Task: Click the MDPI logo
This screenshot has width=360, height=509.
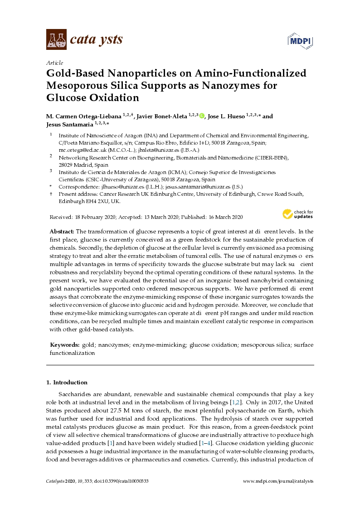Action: tap(301, 41)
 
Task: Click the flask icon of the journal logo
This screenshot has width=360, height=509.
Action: tap(57, 39)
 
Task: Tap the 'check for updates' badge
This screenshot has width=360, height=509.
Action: tap(298, 214)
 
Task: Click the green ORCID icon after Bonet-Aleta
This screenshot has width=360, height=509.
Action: tap(202, 116)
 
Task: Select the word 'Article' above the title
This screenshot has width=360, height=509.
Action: tap(55, 63)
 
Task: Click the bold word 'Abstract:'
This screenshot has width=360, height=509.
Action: tap(62, 232)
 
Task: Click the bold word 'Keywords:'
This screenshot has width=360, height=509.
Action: tap(64, 345)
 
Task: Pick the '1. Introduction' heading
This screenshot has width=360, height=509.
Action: tap(67, 382)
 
